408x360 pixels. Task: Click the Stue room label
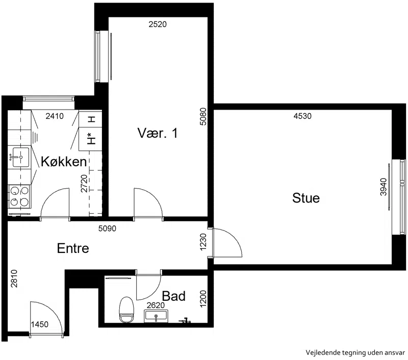(305, 198)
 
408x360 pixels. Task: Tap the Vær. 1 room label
(158, 133)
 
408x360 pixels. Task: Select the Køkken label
(64, 162)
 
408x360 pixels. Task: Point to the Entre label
(73, 248)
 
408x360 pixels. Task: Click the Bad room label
(173, 296)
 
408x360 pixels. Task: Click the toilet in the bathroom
(126, 310)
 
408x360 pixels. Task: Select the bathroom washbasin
(156, 316)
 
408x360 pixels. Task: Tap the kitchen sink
(19, 157)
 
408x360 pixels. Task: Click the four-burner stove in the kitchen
(19, 196)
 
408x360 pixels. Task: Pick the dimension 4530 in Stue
(302, 116)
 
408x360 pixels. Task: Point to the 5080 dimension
(203, 117)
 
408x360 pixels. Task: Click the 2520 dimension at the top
(158, 24)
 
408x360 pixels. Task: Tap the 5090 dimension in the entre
(107, 228)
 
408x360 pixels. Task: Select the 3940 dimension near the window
(384, 187)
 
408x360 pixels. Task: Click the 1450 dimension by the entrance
(40, 324)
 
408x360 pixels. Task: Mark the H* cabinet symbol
(91, 138)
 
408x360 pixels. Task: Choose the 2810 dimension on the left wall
(14, 278)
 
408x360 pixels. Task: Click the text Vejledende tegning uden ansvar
(355, 353)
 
